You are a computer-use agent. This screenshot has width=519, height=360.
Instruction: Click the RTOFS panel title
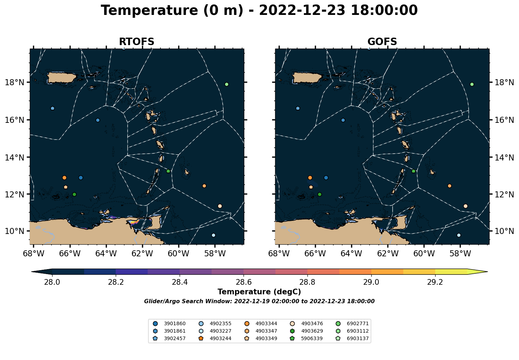[136, 42]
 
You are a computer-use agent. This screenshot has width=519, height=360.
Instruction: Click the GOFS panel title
[382, 42]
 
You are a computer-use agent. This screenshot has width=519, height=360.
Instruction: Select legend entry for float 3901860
[170, 323]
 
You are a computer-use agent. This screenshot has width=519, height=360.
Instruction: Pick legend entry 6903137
[353, 338]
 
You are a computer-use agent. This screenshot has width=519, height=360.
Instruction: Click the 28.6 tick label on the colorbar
[243, 282]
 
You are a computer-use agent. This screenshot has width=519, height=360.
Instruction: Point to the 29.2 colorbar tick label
[435, 282]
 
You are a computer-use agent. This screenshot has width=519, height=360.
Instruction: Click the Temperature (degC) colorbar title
[259, 292]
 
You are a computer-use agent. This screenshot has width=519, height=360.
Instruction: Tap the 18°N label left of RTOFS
[15, 82]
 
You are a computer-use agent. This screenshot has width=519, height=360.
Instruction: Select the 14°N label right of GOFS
[504, 157]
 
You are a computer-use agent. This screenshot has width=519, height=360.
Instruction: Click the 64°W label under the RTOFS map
[106, 253]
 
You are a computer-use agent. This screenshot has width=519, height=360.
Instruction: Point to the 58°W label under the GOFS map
[460, 253]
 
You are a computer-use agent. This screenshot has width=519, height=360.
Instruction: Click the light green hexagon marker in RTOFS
[226, 84]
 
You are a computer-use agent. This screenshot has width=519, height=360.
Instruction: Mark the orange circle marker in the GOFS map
[310, 178]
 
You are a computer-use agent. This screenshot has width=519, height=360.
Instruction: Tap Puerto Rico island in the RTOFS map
[61, 78]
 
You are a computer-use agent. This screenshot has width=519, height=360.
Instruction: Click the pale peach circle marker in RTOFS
[220, 206]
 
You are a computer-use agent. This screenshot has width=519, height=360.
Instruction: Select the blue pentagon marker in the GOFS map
[298, 108]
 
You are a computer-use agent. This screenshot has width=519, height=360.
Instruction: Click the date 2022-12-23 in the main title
[302, 10]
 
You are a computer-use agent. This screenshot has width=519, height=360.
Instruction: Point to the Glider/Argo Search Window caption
[259, 301]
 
